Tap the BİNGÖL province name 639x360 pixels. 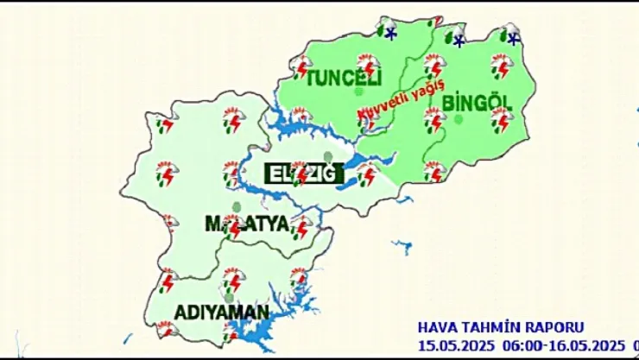pyautogui.click(x=478, y=103)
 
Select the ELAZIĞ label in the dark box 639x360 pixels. pyautogui.click(x=298, y=173)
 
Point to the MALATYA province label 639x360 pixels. pyautogui.click(x=245, y=224)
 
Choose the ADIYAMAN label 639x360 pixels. pyautogui.click(x=221, y=311)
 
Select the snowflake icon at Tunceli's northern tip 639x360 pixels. pyautogui.click(x=390, y=34)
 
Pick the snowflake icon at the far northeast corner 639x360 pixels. pyautogui.click(x=513, y=38)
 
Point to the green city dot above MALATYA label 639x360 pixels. pyautogui.click(x=236, y=206)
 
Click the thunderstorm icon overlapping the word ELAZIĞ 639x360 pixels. pyautogui.click(x=300, y=172)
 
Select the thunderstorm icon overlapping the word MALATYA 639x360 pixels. pyautogui.click(x=231, y=225)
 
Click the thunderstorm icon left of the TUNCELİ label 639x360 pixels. pyautogui.click(x=301, y=66)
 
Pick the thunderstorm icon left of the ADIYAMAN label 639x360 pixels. pyautogui.click(x=166, y=281)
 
